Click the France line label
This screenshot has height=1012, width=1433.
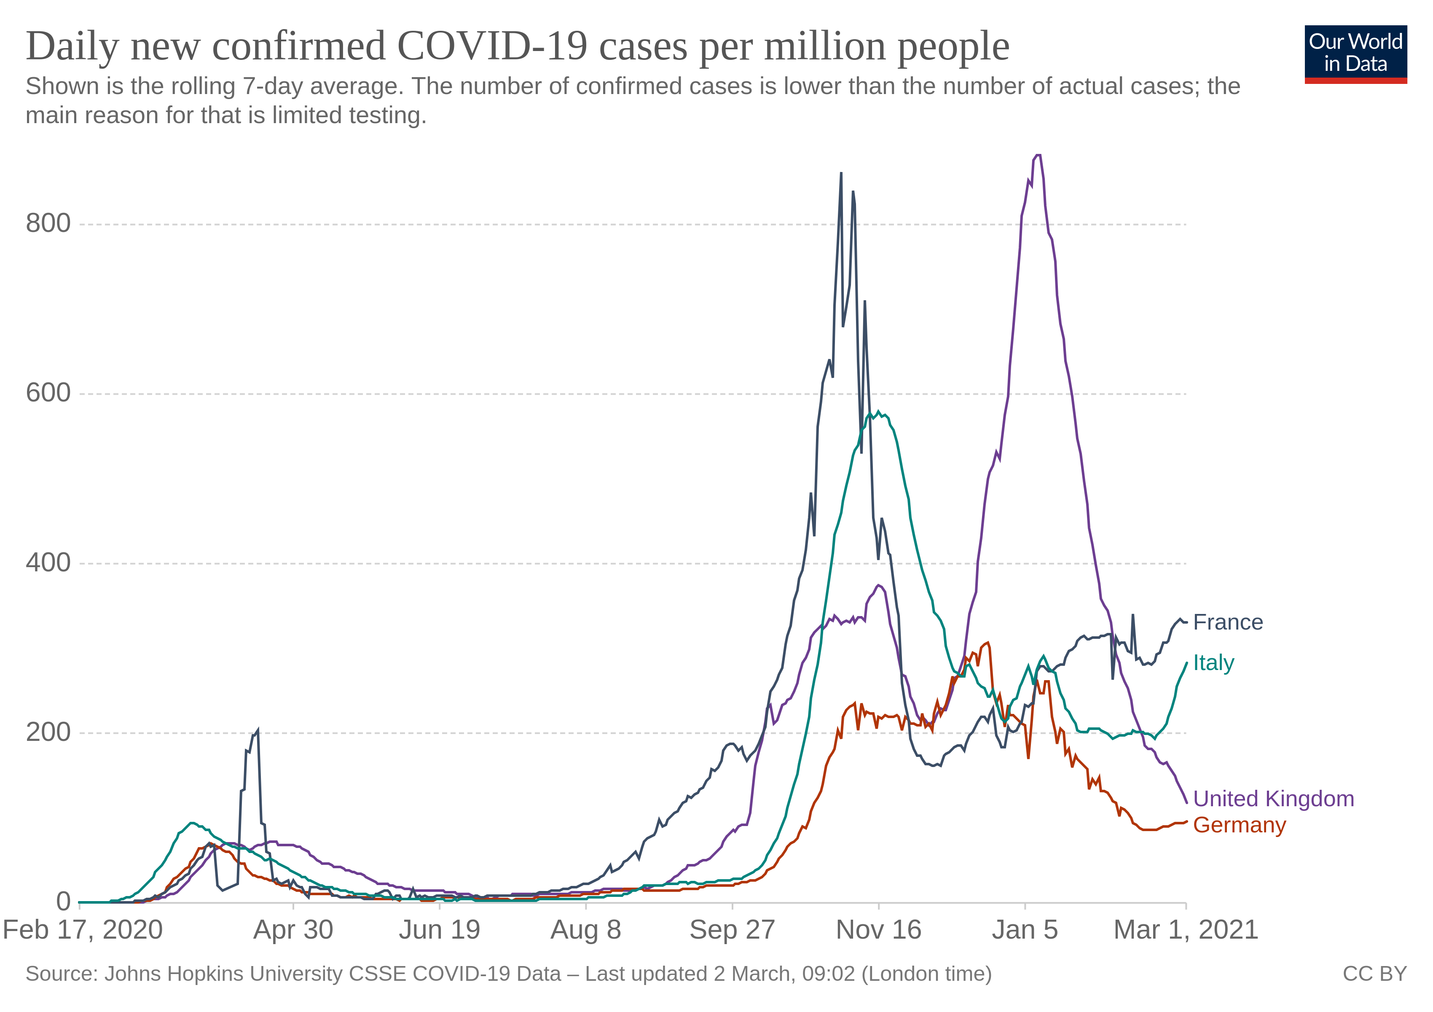coord(1228,622)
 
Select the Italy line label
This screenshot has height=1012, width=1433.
coord(1213,663)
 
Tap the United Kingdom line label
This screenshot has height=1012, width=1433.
coord(1273,799)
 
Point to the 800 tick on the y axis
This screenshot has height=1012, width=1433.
coord(48,223)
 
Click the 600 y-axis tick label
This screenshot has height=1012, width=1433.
coord(48,393)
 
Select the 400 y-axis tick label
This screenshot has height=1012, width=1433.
coord(48,563)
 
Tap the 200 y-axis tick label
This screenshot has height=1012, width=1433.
coord(48,732)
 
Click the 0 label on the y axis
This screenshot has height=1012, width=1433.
coord(63,902)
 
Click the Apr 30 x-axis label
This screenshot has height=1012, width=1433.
coord(293,930)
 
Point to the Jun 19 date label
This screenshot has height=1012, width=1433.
coord(440,930)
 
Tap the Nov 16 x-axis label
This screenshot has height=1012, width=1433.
coord(878,930)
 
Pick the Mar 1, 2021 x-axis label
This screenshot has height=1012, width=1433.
coord(1186,930)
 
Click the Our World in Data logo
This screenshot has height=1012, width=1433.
coord(1355,54)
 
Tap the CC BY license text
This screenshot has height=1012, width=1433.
coord(1375,974)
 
